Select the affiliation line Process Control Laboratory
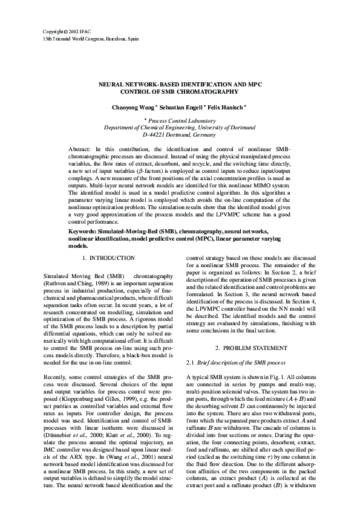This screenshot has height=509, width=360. [x=182, y=121]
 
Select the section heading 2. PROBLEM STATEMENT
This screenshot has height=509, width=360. [x=249, y=349]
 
